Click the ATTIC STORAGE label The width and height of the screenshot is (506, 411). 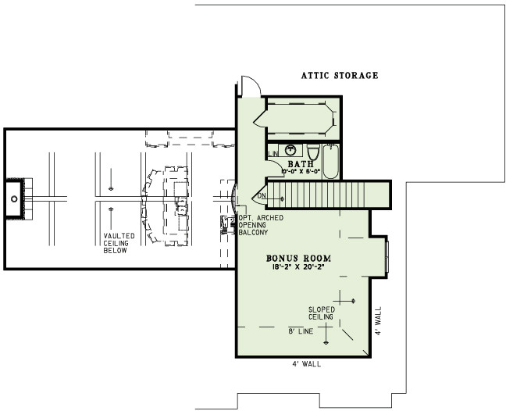[x=340, y=76]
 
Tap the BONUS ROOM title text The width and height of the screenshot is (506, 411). [x=298, y=257]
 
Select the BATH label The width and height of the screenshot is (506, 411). [x=300, y=163]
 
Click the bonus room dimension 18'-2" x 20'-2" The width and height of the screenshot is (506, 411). [x=298, y=267]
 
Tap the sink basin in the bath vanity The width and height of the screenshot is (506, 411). [x=290, y=150]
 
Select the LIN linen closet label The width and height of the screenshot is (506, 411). [x=274, y=154]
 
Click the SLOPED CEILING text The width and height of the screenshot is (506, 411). [x=321, y=313]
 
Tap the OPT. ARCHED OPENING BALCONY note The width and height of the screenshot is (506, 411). [x=255, y=224]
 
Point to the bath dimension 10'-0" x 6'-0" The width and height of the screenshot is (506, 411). [x=300, y=172]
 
